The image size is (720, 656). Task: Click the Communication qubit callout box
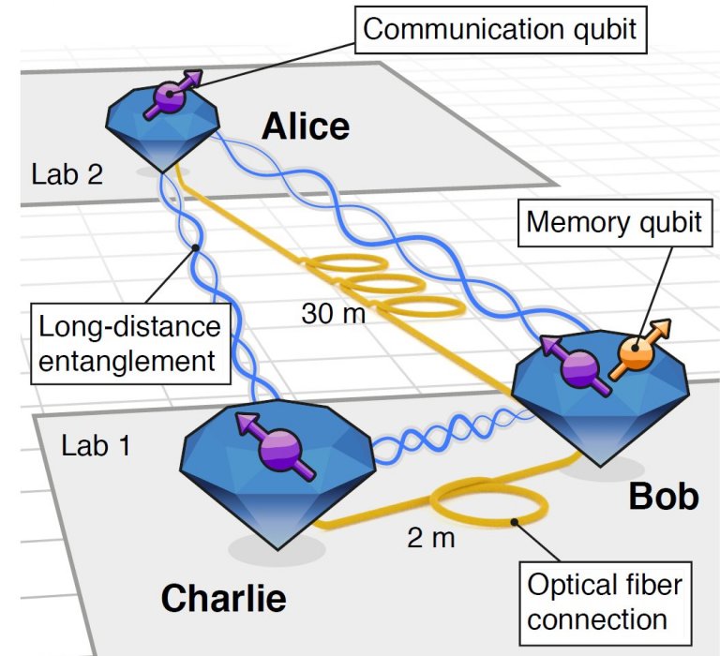click(x=501, y=30)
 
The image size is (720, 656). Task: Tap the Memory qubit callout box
click(x=615, y=223)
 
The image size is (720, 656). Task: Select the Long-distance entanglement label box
click(x=130, y=343)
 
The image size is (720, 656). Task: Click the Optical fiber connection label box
click(x=606, y=604)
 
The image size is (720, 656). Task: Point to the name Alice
click(x=306, y=127)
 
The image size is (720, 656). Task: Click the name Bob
click(x=664, y=497)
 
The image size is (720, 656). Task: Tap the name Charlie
click(x=224, y=598)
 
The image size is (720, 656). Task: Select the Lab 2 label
click(x=67, y=174)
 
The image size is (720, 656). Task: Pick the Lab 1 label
click(x=96, y=445)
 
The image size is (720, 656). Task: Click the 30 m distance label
click(x=334, y=314)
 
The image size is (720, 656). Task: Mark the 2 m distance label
click(x=430, y=538)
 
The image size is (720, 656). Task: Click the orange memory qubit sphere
click(x=636, y=353)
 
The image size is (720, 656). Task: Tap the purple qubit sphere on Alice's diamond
click(x=169, y=95)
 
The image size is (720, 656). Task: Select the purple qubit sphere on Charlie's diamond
click(x=279, y=451)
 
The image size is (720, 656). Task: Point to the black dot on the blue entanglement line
click(x=195, y=248)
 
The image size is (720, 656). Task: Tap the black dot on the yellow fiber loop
click(x=515, y=522)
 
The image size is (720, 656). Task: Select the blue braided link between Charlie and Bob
click(x=452, y=435)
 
